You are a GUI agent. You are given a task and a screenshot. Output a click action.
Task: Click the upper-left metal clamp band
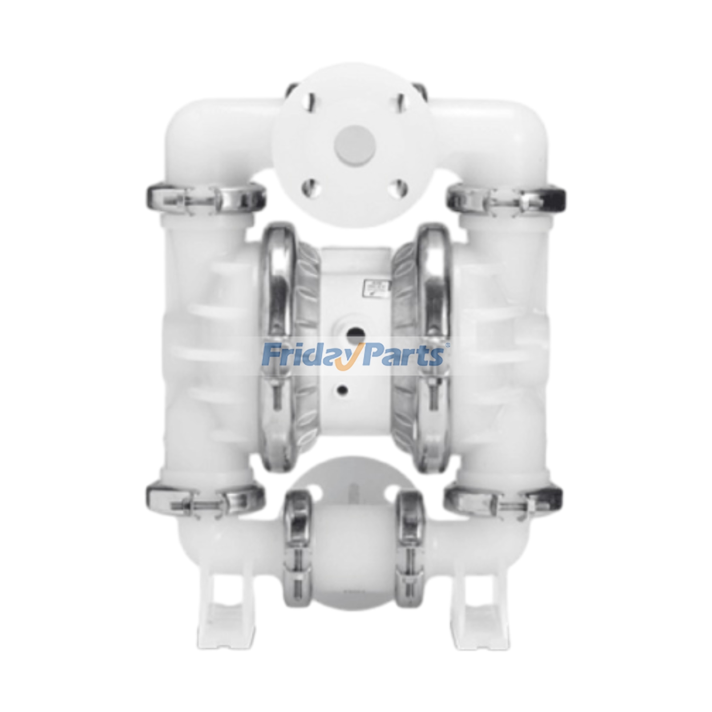[205, 197]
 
